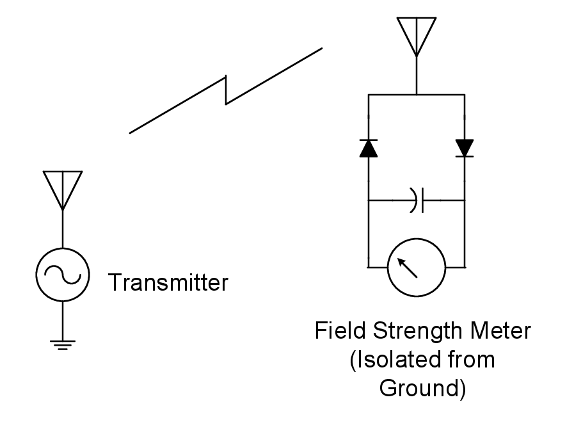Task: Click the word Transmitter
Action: tap(168, 282)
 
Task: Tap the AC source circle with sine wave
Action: tap(62, 275)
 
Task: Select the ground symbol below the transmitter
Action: tap(62, 345)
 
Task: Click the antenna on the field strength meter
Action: tap(417, 35)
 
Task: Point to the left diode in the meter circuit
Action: tap(368, 148)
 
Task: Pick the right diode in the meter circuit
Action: tap(464, 148)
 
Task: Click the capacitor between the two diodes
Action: tap(417, 200)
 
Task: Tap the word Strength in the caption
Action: tap(411, 332)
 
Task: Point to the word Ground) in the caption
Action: tap(422, 388)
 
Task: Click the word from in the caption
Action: tap(472, 360)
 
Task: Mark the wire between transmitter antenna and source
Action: tap(62, 229)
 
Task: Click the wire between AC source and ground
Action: tap(62, 320)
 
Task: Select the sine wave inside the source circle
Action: tap(62, 275)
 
